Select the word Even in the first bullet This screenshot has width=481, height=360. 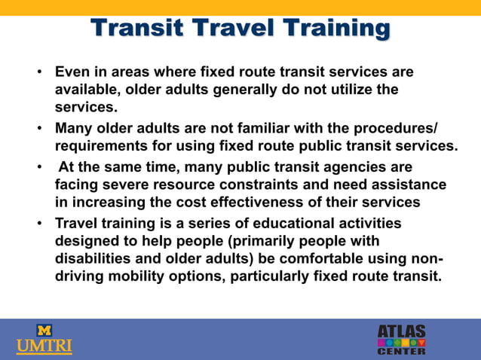(x=72, y=73)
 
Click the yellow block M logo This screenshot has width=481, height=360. (x=44, y=330)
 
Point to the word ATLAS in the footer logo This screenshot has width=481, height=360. (x=401, y=331)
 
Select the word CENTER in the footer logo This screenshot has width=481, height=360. (x=401, y=351)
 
